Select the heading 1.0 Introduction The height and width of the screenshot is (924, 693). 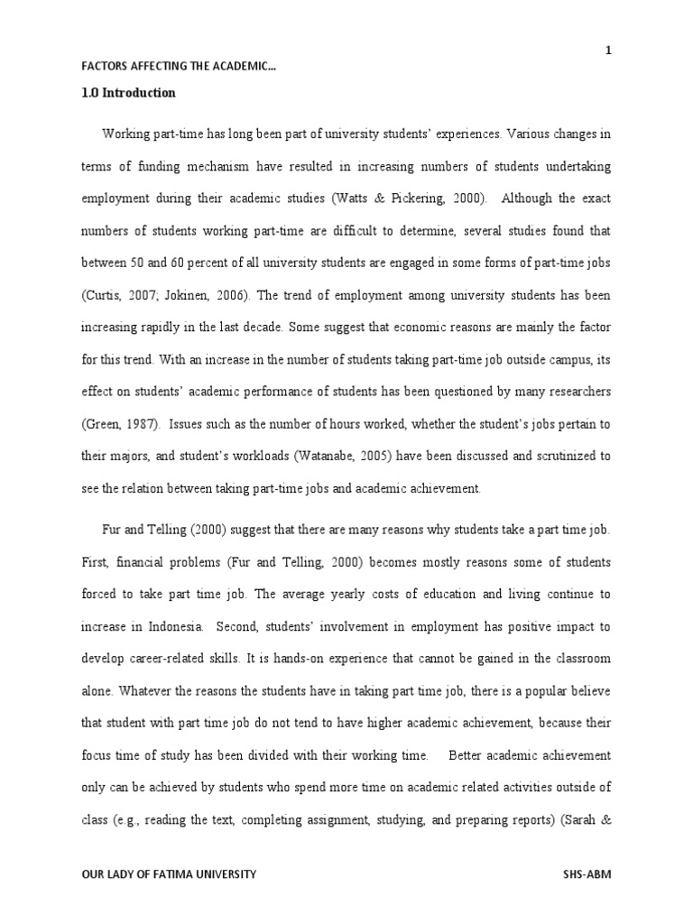click(129, 93)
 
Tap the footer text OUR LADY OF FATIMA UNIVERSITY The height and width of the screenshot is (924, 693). click(170, 873)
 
